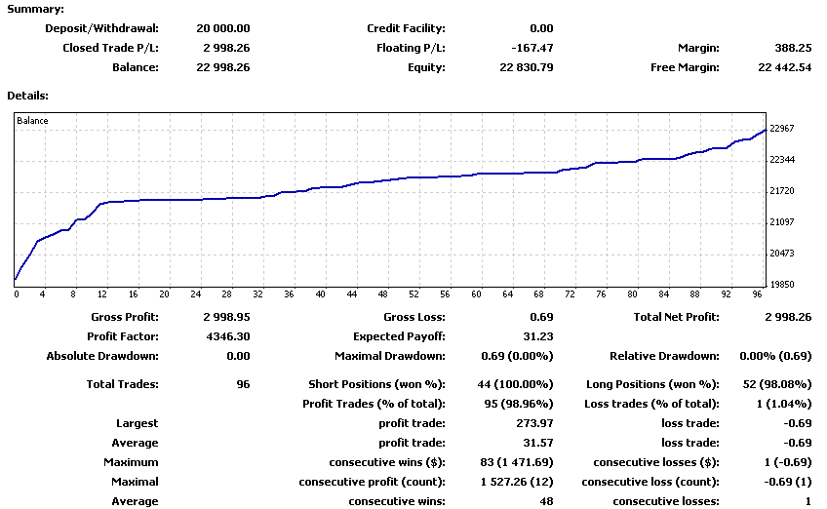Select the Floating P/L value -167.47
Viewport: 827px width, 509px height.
point(532,48)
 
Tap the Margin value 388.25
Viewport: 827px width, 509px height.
point(793,48)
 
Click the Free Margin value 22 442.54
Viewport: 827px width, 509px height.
point(784,67)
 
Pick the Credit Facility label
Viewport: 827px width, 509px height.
point(406,28)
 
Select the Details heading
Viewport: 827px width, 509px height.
point(28,96)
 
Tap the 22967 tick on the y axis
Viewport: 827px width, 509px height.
point(782,129)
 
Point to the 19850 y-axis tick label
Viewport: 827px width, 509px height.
point(782,285)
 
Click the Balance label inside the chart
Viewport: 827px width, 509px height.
point(32,121)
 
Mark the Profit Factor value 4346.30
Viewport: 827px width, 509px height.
point(226,336)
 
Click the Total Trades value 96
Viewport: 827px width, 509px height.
point(243,384)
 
